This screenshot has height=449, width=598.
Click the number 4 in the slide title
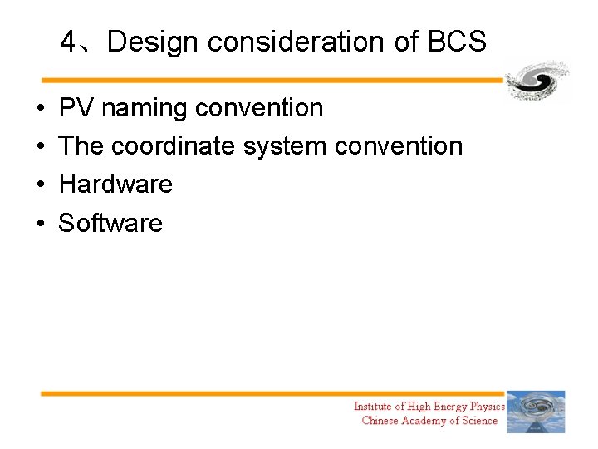click(69, 42)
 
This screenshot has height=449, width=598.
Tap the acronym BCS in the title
click(455, 42)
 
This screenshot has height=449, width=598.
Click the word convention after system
click(398, 146)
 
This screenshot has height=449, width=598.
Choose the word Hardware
click(115, 185)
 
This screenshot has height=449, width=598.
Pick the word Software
click(110, 223)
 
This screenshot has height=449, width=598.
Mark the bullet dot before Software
click(41, 224)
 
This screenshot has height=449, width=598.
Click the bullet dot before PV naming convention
click(41, 109)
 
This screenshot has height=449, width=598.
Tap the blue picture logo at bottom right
click(536, 412)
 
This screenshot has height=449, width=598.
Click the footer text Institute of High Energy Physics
click(429, 407)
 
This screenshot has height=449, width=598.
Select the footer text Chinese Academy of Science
click(429, 421)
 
